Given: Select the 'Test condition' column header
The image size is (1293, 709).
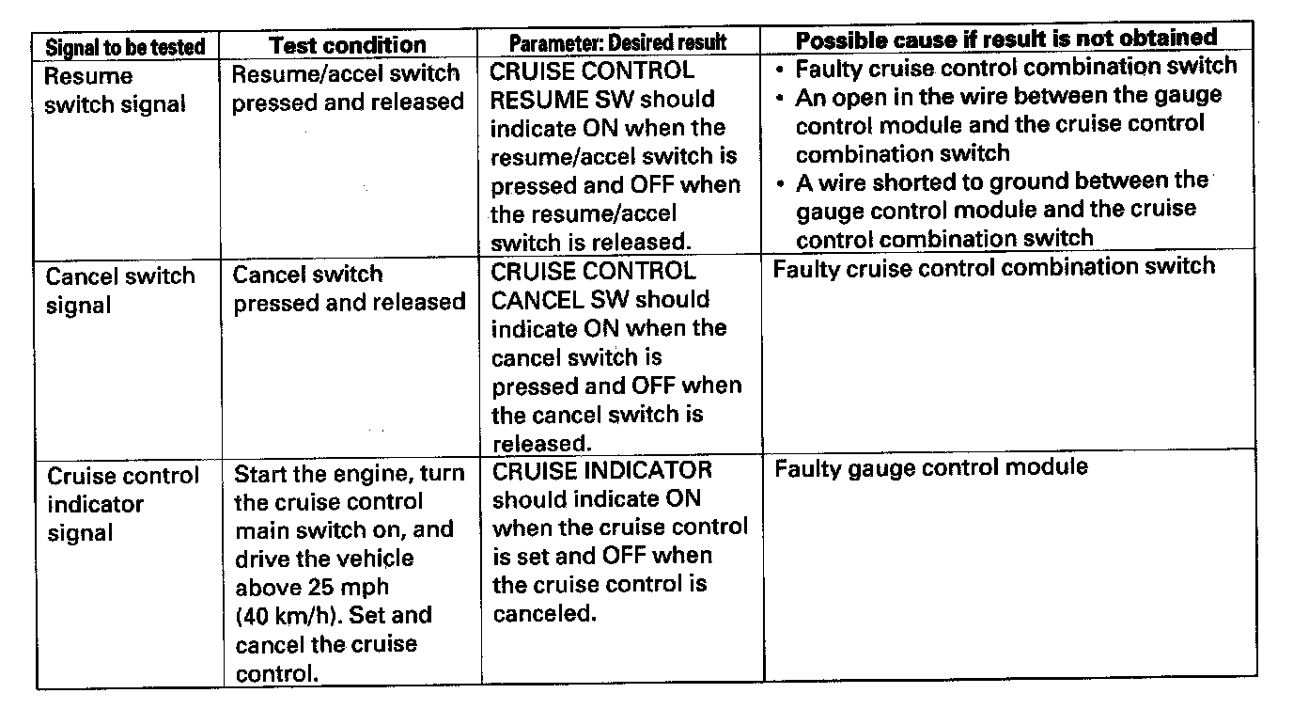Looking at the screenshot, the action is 348,45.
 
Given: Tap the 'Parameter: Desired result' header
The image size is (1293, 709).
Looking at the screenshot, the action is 617,43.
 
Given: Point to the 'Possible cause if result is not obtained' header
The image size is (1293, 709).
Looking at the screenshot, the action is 1006,39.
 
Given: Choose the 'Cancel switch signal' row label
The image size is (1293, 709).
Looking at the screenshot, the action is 120,291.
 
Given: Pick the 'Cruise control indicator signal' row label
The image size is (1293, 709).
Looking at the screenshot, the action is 122,504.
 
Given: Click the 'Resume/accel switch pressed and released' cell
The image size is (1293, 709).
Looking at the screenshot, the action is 348,87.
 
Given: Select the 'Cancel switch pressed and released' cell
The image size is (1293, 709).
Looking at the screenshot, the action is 349,289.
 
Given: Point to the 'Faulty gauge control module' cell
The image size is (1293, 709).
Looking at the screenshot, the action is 930,467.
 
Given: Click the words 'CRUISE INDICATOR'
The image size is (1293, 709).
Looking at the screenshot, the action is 602,469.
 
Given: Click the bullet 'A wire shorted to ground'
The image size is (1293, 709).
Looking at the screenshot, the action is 1001,208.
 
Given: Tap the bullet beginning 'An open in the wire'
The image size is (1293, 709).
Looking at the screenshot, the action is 1007,124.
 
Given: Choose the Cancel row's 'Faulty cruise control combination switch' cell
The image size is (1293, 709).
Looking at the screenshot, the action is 993,268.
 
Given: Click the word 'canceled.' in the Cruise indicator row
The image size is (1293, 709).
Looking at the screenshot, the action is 544,614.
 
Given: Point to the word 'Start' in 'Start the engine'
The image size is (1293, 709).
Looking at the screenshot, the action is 261,474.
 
